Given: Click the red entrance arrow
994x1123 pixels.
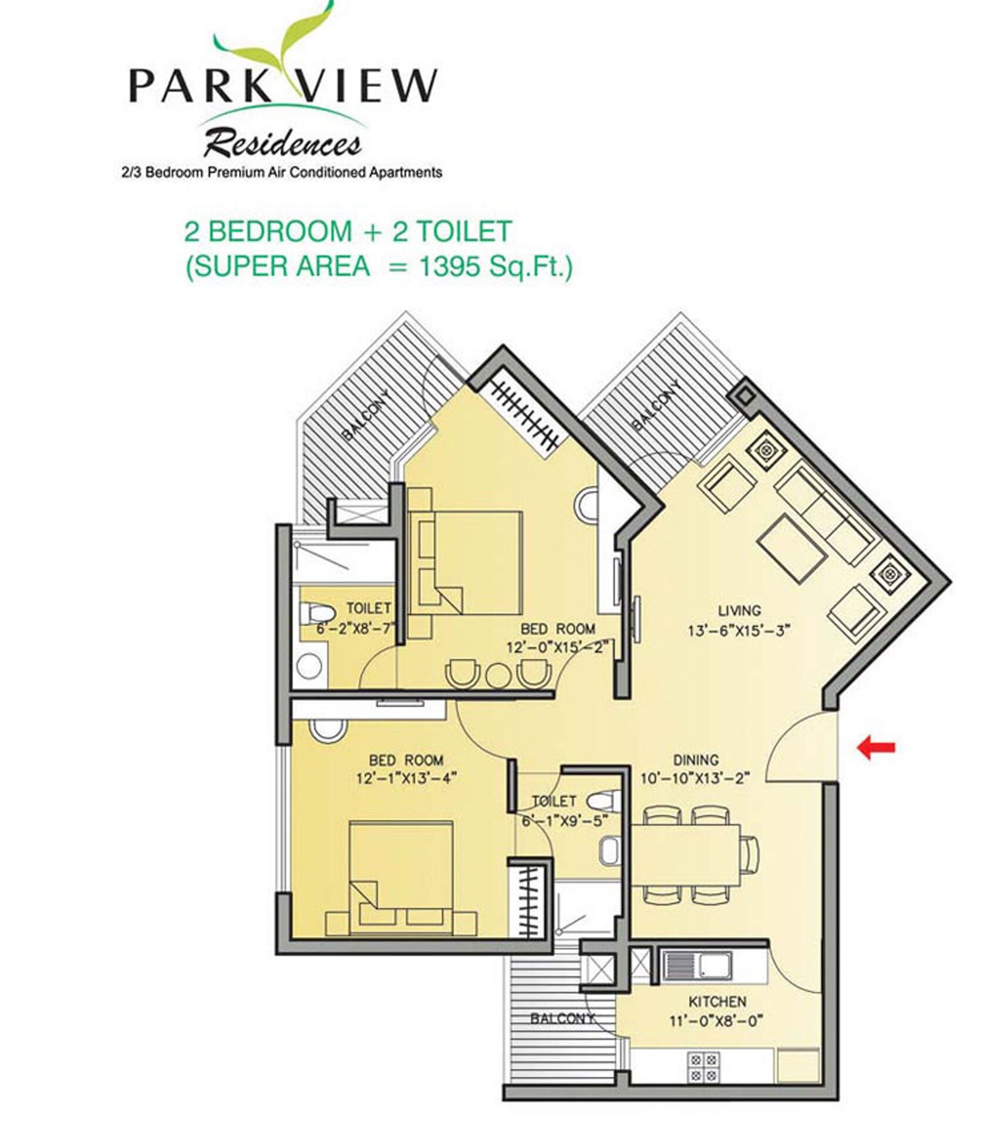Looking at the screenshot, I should [876, 747].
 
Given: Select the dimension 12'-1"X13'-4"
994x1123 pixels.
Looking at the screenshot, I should [406, 778].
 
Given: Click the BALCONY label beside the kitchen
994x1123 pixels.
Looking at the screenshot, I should [561, 1019].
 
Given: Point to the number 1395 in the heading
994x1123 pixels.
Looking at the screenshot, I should [449, 267].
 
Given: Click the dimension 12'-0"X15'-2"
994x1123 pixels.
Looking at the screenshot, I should [557, 647].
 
